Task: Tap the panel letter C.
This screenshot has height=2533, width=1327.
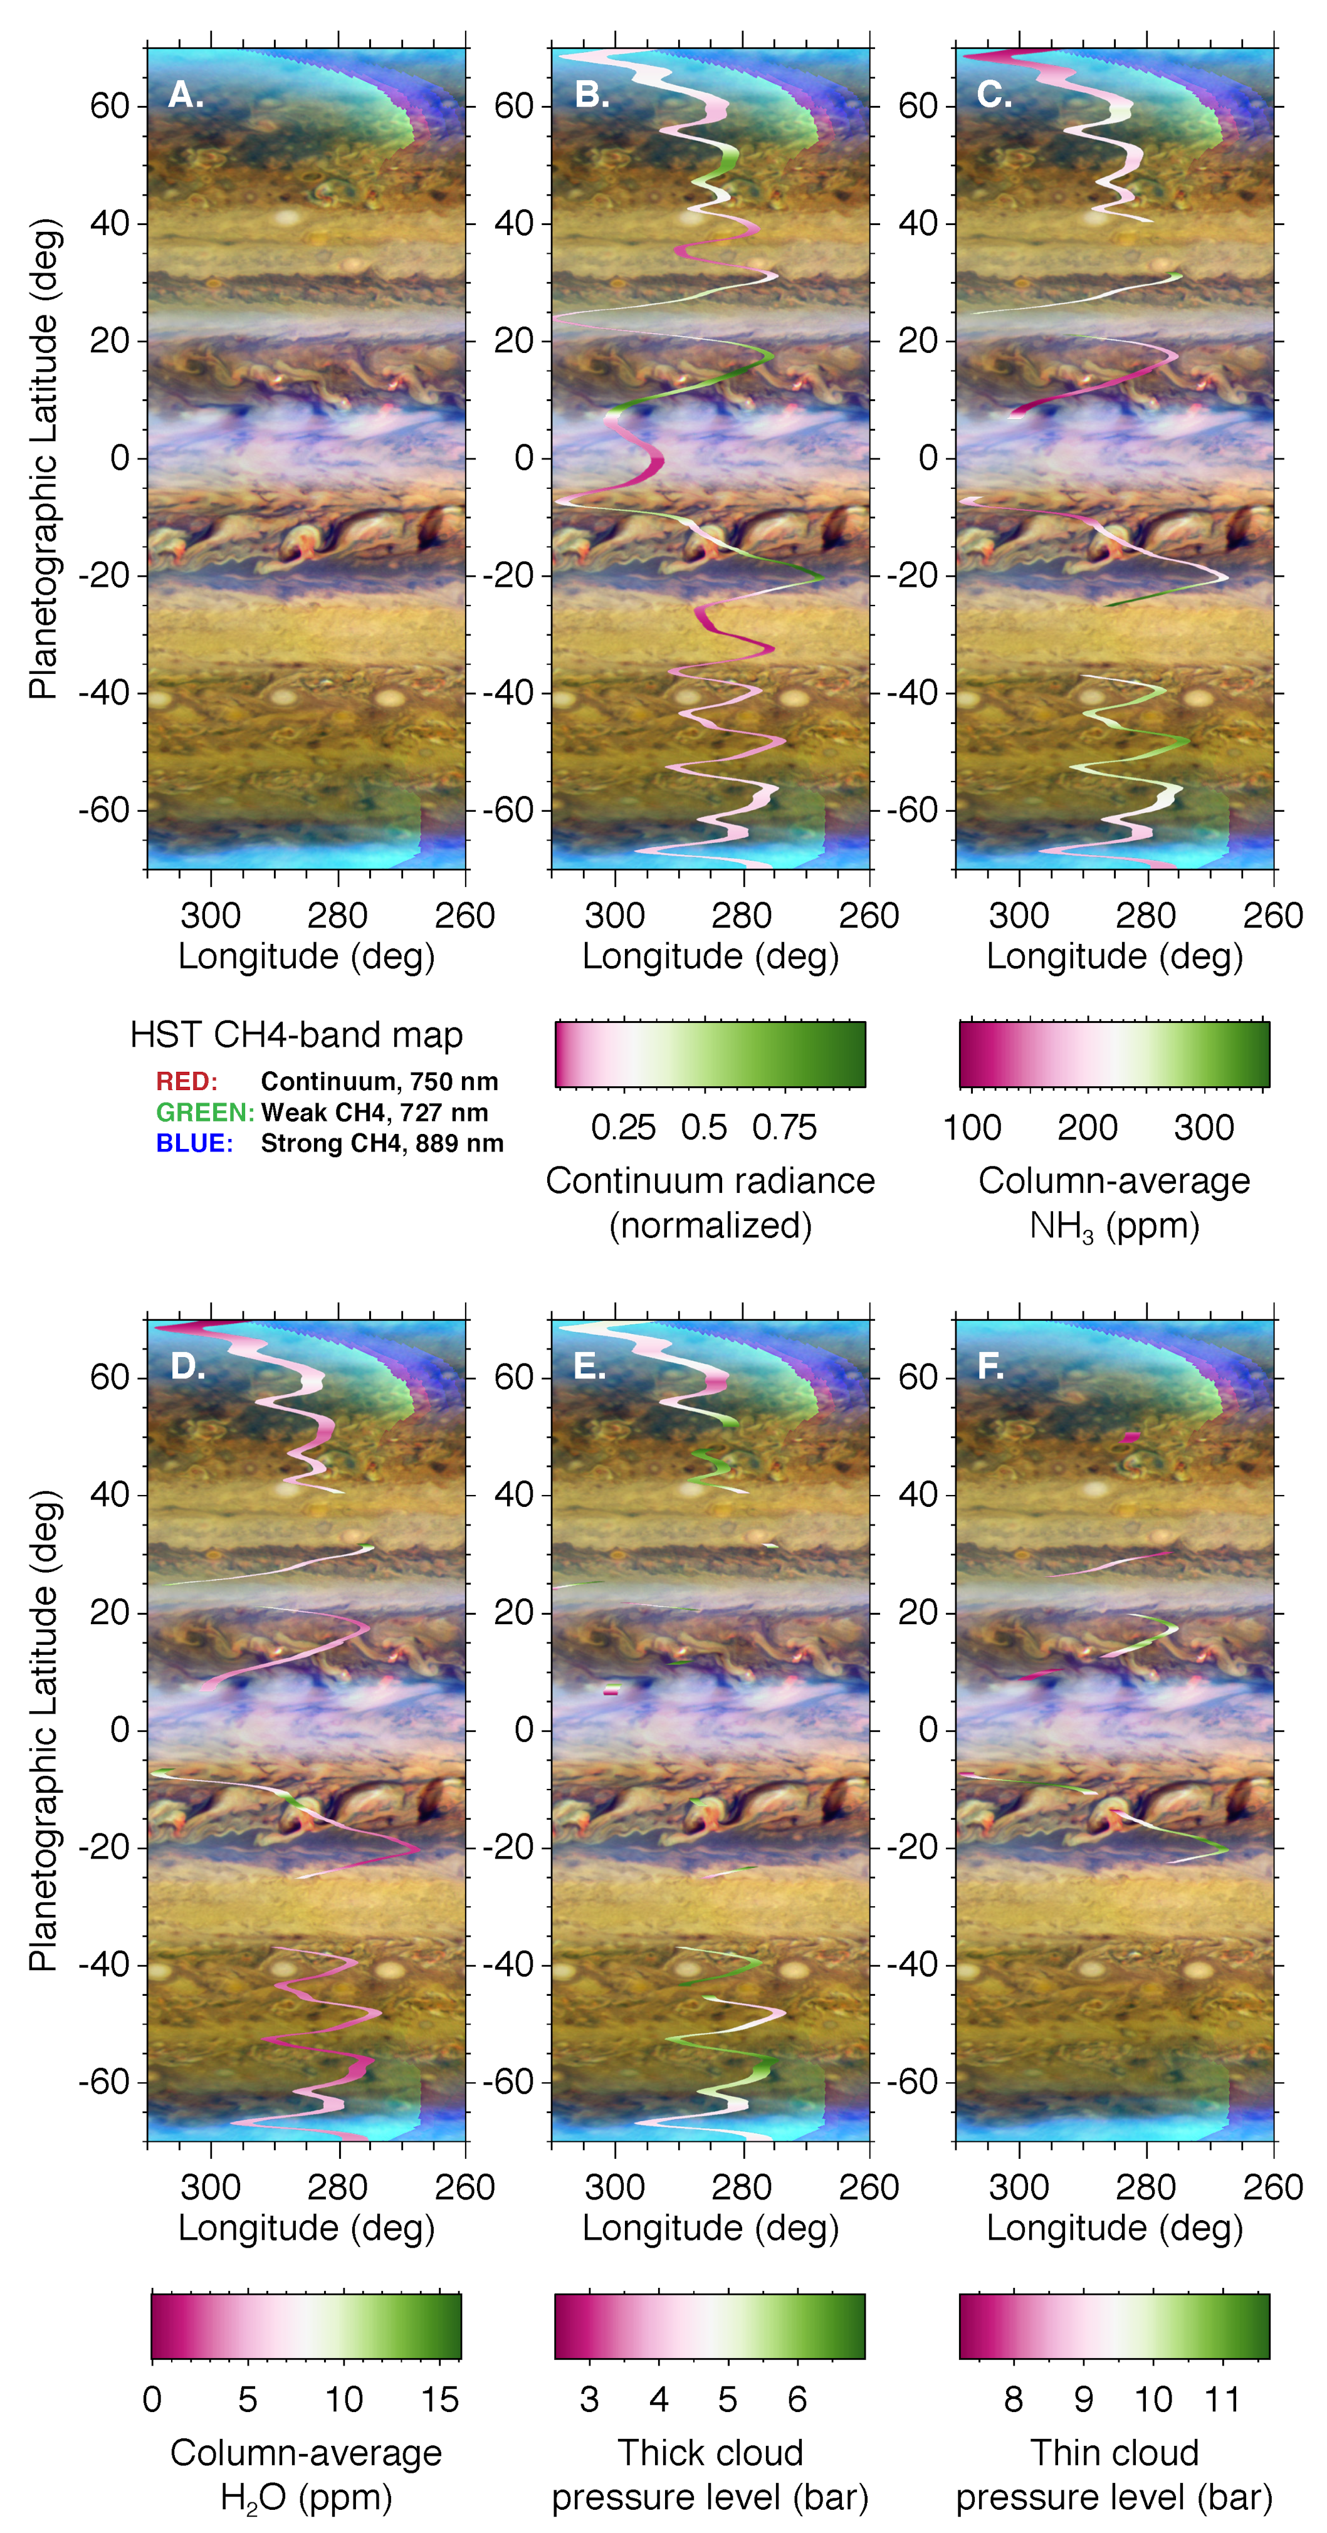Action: click(x=993, y=95)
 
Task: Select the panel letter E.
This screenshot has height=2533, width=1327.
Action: click(x=589, y=1367)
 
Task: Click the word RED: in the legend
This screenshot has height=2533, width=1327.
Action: click(x=186, y=1082)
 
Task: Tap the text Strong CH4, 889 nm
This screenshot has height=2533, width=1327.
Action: click(x=381, y=1143)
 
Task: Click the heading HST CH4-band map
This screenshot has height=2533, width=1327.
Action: click(x=296, y=1034)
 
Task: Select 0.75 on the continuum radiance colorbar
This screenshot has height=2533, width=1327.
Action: click(x=784, y=1128)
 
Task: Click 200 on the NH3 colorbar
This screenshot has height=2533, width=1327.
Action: click(x=1087, y=1128)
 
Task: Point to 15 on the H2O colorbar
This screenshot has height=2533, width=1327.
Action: click(x=439, y=2400)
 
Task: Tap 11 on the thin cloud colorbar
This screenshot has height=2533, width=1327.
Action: click(x=1222, y=2400)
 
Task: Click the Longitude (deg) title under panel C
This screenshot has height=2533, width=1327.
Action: click(x=1114, y=957)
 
